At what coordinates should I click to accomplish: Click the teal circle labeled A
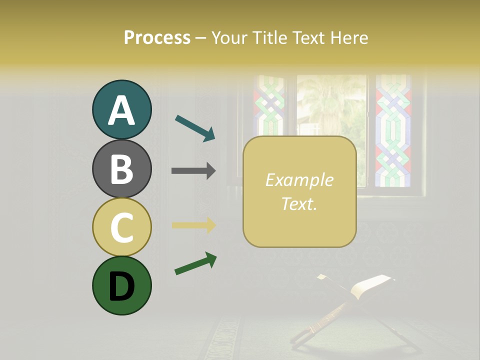[x=121, y=110]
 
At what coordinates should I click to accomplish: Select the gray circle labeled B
[x=121, y=168]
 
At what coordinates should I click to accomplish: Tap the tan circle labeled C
[x=121, y=227]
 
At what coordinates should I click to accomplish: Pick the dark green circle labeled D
[x=121, y=285]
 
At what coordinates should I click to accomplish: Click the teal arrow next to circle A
[x=195, y=128]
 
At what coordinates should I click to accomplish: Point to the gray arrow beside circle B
[x=193, y=171]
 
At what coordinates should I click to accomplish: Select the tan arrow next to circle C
[x=193, y=225]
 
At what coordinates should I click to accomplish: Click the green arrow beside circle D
[x=195, y=264]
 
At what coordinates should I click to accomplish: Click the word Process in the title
[x=157, y=37]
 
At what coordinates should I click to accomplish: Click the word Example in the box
[x=299, y=180]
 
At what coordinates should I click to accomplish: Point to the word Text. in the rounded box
[x=299, y=203]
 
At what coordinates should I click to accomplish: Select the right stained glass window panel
[x=393, y=130]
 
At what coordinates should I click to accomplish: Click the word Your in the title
[x=228, y=37]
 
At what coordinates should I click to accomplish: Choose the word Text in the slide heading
[x=305, y=37]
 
